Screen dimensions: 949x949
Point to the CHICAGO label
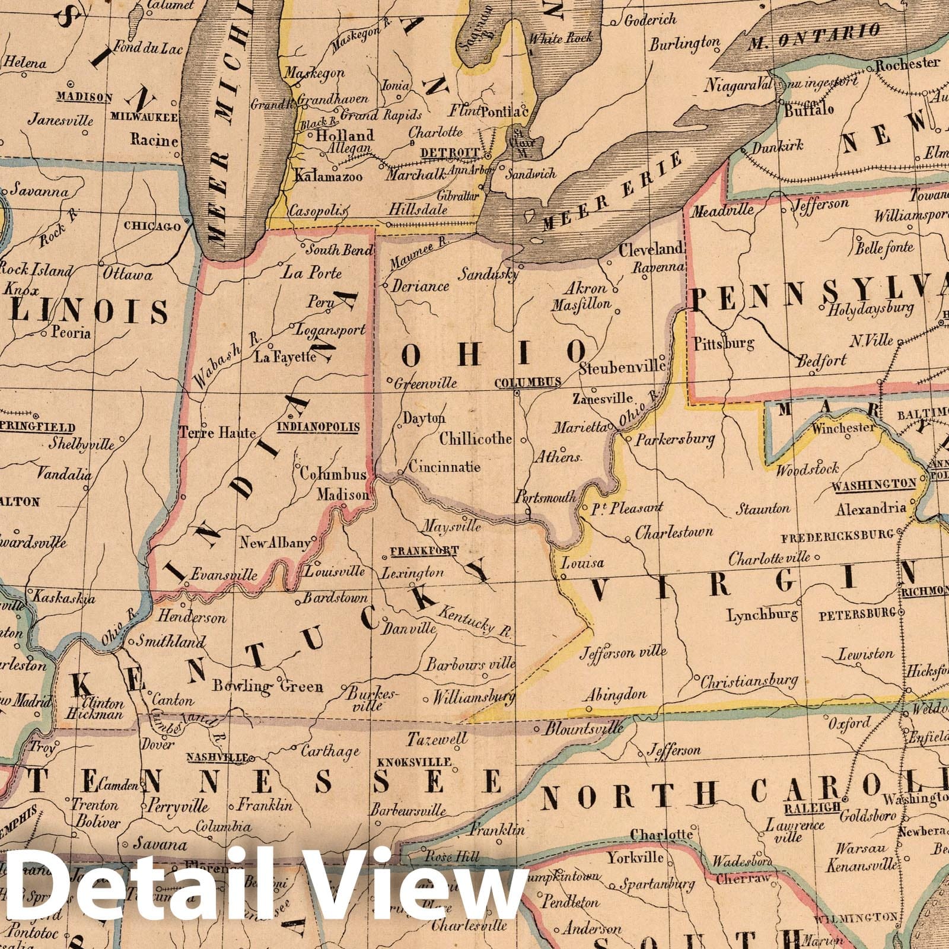coord(152,226)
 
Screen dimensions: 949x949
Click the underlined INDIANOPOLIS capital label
coord(319,426)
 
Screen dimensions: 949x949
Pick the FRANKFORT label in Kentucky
coord(423,550)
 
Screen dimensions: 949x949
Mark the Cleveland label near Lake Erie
coord(651,249)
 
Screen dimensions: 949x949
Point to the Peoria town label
coord(71,333)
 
